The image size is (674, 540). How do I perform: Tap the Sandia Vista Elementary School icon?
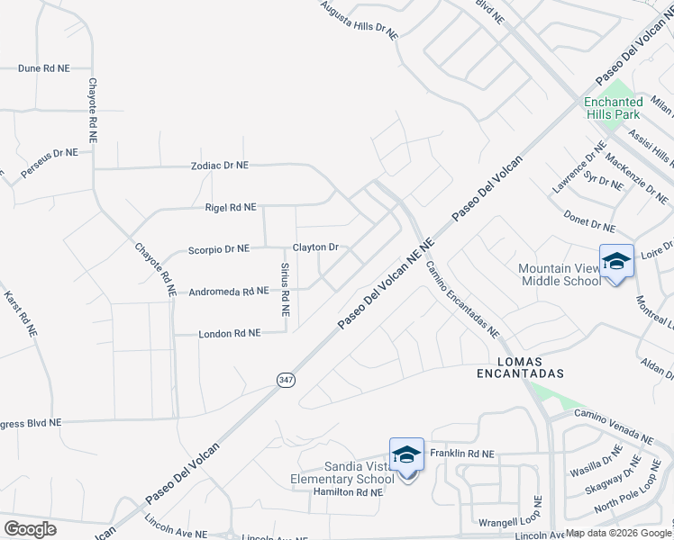[406, 455]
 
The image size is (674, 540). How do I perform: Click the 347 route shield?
[286, 381]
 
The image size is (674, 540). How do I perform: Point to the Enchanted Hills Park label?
[613, 108]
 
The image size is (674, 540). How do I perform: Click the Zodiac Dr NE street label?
[219, 166]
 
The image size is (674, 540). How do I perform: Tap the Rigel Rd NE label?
[231, 207]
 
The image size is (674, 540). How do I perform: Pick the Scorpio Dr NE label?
[219, 248]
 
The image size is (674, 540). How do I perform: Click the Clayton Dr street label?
[315, 247]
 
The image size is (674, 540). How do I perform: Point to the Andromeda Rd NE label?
[229, 291]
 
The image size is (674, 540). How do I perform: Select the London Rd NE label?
[230, 333]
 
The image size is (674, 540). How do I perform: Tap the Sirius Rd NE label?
[285, 289]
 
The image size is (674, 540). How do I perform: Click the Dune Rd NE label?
[43, 67]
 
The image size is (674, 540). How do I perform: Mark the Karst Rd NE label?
[21, 313]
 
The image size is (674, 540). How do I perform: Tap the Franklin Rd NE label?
[462, 454]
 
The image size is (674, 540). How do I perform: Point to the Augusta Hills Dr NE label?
[359, 19]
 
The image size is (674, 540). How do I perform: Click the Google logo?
[30, 528]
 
